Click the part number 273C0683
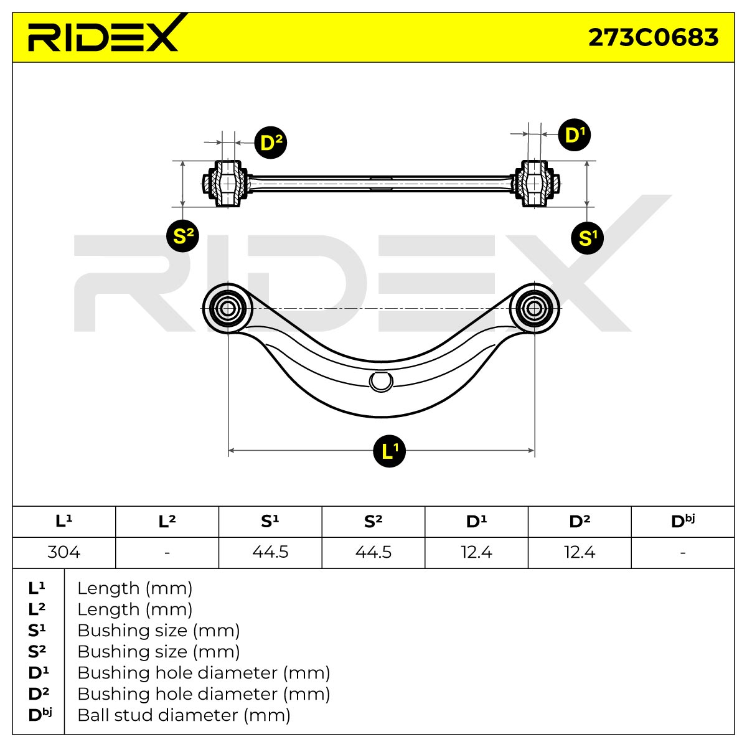[x=653, y=37]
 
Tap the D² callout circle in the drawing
[x=271, y=143]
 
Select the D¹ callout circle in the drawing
[x=574, y=134]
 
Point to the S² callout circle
[x=182, y=236]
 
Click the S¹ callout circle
[x=587, y=238]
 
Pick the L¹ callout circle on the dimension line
[x=389, y=451]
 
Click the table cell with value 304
[x=64, y=552]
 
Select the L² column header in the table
[x=167, y=522]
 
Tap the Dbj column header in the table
[x=683, y=522]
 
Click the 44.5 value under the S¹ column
[x=270, y=552]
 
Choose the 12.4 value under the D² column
[x=580, y=552]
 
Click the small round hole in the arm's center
[x=381, y=382]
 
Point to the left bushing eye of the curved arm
[x=228, y=309]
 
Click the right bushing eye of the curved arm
[x=534, y=309]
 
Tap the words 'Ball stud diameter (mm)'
[x=184, y=715]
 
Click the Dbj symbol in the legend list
[x=40, y=715]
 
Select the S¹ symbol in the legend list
[x=37, y=631]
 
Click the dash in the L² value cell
[x=167, y=552]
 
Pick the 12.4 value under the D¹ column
[x=476, y=552]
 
